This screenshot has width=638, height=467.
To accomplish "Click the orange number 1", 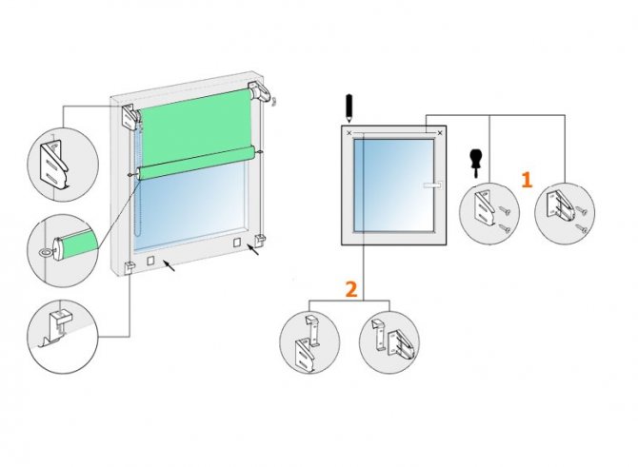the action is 527,180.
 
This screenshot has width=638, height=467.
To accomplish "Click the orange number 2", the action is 351,289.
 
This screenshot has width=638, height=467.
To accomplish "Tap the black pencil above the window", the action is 349,108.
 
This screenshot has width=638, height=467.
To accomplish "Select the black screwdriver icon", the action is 475,164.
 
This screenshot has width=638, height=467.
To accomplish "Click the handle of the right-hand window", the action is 432,185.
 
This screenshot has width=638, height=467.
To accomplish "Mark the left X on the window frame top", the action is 349,133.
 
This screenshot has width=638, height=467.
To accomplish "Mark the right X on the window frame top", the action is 439,133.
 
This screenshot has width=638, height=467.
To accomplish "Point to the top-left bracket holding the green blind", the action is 131,117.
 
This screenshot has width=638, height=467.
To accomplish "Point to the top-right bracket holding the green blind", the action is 258,92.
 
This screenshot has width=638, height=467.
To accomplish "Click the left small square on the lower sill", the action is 150,260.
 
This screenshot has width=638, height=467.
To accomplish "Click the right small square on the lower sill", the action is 237,243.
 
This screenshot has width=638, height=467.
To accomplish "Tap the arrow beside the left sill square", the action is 169,265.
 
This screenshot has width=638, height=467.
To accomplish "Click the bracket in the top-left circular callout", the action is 55,165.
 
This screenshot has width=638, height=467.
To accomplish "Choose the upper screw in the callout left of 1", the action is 504,210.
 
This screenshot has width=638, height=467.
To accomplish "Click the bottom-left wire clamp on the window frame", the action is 129,268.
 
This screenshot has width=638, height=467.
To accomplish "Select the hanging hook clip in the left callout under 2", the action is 312,330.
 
